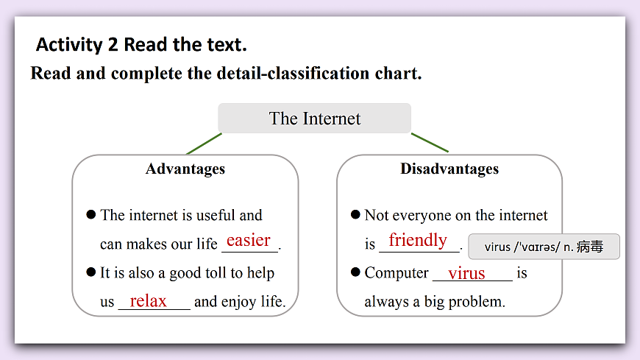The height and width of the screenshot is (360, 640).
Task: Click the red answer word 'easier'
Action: point(249,241)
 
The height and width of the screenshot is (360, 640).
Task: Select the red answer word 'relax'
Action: point(149,300)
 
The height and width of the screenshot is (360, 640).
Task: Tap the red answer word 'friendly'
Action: point(418,240)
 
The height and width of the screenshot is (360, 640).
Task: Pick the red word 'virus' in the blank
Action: point(466,273)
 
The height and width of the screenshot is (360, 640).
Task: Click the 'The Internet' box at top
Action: point(315,119)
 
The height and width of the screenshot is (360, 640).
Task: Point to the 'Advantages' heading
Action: point(185,169)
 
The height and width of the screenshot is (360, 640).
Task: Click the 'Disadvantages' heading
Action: point(449,169)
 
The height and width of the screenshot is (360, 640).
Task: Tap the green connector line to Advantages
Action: point(204,144)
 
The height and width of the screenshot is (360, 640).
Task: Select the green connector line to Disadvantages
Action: point(430,142)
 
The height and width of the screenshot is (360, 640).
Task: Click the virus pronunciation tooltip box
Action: point(544,247)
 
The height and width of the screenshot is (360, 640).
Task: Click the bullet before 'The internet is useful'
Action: point(91,214)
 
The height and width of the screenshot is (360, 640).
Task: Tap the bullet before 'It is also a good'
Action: point(91,272)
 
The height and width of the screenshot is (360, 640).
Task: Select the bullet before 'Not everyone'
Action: point(355,214)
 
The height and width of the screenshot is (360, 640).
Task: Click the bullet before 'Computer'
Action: point(355,272)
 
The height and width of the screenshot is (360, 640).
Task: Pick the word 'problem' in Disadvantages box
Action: point(479,302)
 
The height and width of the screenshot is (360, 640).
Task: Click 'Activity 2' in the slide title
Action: point(77,45)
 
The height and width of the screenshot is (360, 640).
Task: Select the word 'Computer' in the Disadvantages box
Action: point(397,273)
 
